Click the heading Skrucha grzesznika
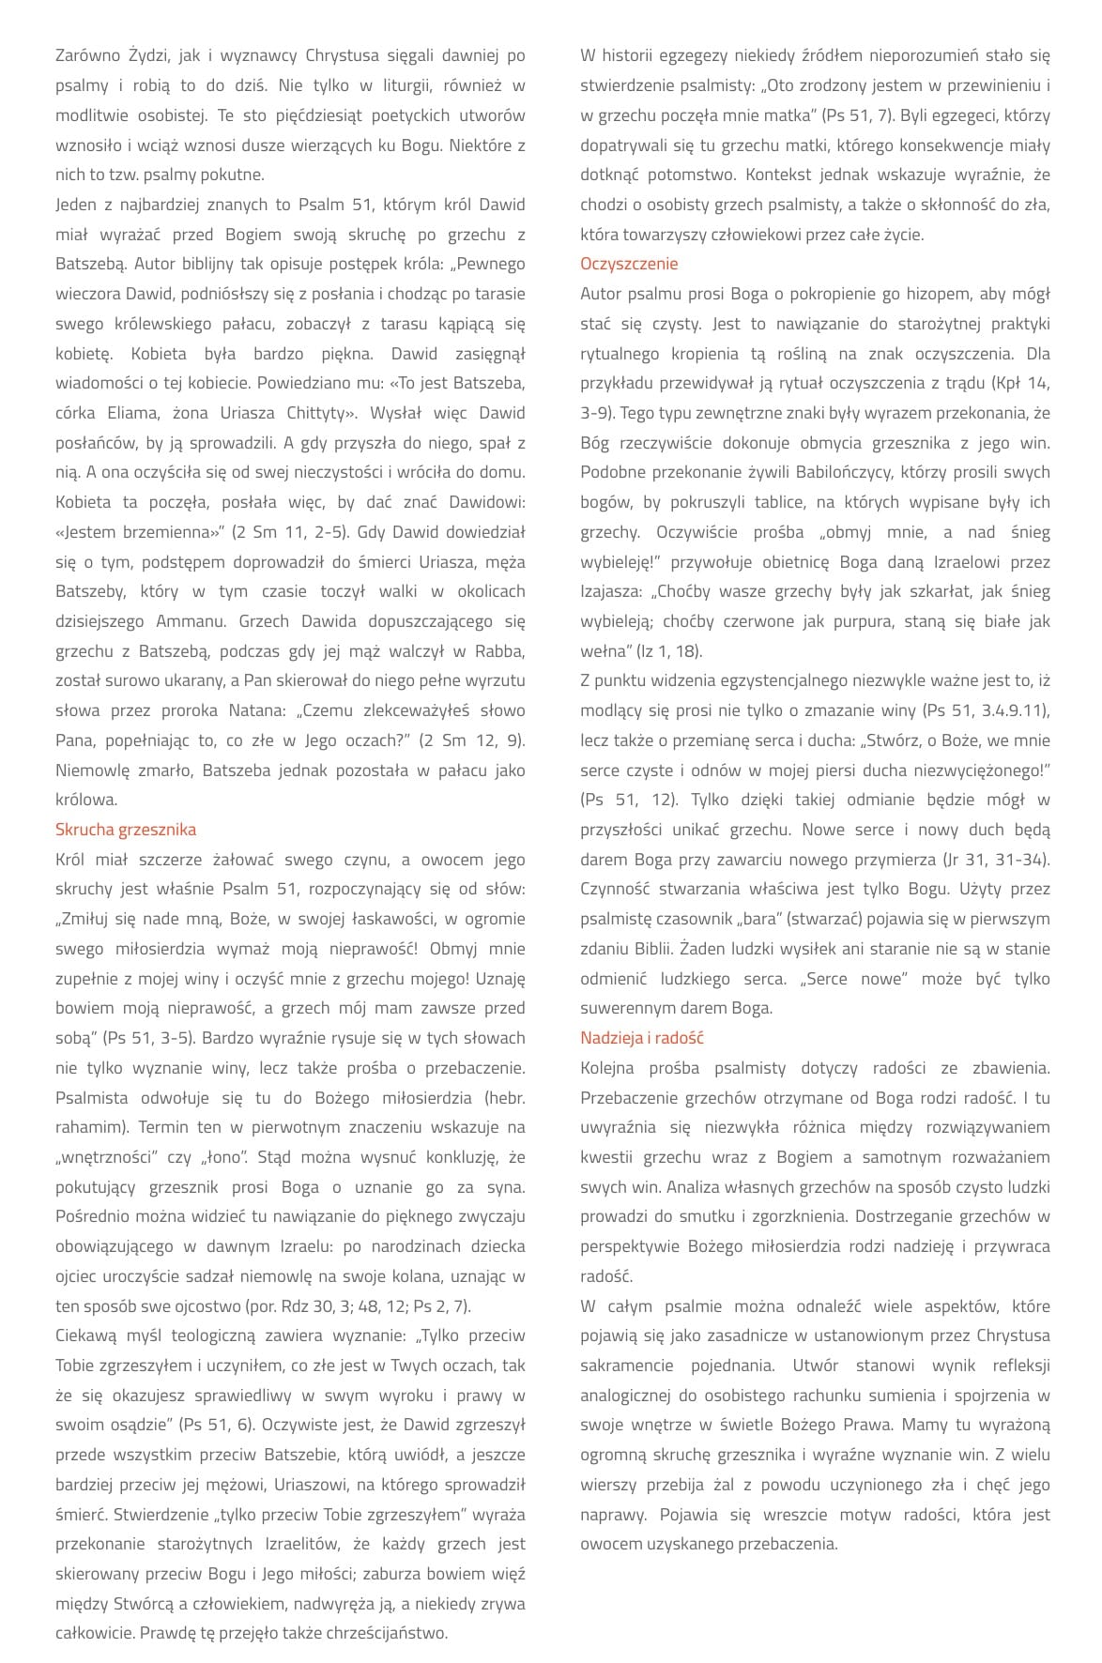click(x=126, y=830)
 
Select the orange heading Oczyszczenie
click(x=629, y=264)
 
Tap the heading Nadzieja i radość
click(x=642, y=1038)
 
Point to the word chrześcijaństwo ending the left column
click(x=387, y=1633)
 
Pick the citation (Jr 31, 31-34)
click(x=995, y=860)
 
